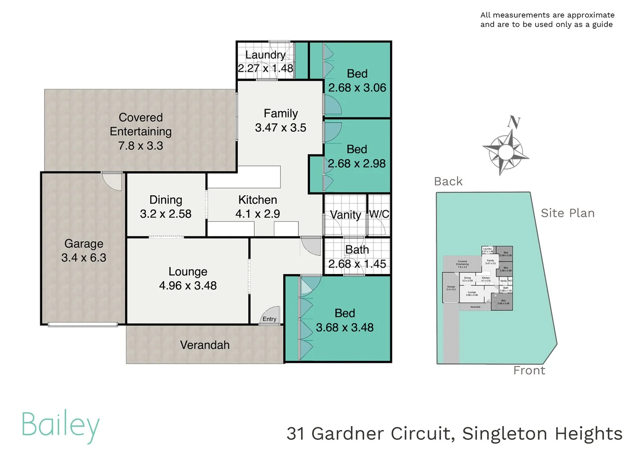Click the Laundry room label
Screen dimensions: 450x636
tap(265, 55)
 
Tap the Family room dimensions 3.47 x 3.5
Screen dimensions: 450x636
tap(281, 127)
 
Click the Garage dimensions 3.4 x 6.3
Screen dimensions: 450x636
tap(84, 257)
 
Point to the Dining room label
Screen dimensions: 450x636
tap(166, 200)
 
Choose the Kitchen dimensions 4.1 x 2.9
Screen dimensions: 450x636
tap(258, 214)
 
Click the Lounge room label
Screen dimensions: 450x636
tap(188, 271)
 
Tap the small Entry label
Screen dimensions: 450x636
tap(269, 319)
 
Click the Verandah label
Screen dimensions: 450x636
tap(205, 345)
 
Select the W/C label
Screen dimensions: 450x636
tap(379, 214)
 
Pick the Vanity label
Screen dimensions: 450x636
tap(345, 215)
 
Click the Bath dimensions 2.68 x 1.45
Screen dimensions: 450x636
tap(357, 264)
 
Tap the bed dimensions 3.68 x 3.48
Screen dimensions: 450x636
tap(345, 327)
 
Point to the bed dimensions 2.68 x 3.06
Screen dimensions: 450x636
tap(357, 87)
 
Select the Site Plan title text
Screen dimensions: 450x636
tap(567, 213)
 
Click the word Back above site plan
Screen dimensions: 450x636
tap(448, 181)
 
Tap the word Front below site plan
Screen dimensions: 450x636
tap(529, 370)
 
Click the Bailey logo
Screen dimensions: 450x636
tap(61, 425)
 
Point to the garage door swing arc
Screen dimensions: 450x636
tap(112, 182)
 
